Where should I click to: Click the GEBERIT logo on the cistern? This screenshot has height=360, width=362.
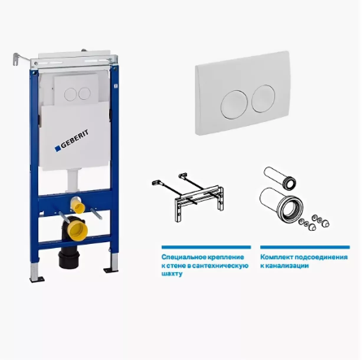coord(72,141)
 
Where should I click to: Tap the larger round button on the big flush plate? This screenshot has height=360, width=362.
coord(234,105)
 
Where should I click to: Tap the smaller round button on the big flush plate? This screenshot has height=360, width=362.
coord(263,98)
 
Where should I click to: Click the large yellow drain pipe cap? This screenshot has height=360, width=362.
coord(78,231)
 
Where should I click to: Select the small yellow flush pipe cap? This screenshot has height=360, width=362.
coord(78,206)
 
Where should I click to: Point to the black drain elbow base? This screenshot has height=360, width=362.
coord(69,259)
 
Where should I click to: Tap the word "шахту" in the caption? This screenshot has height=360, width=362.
coord(172,274)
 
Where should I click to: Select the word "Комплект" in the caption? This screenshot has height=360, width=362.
coord(277,257)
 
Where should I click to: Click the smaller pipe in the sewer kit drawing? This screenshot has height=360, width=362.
coord(280,177)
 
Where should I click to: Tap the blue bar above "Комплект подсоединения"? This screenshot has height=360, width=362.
coord(305,247)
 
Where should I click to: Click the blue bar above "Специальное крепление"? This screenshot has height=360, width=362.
coord(206,247)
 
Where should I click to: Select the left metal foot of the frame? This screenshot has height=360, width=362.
coord(36,272)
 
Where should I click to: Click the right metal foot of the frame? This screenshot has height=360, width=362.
coord(112,263)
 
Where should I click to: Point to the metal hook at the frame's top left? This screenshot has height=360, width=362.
coord(17,59)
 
